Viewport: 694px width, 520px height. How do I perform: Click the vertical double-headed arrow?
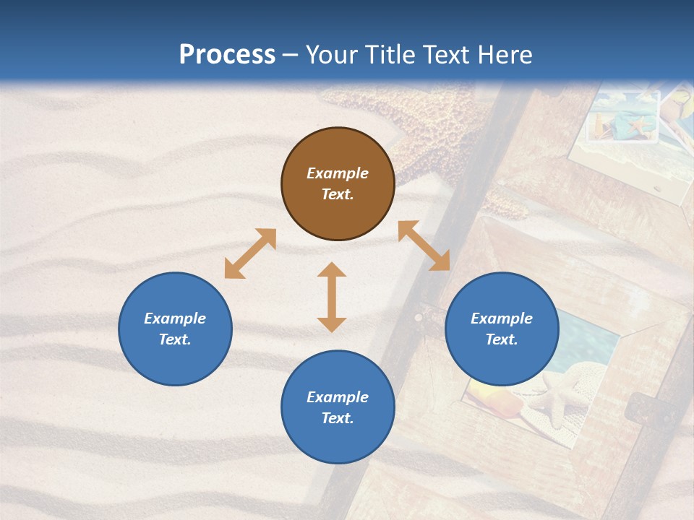[x=332, y=297]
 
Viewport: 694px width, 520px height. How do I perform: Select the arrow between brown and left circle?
[x=250, y=253]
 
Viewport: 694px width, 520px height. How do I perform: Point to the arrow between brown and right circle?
[x=424, y=246]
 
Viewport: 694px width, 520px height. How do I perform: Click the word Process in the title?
[x=227, y=55]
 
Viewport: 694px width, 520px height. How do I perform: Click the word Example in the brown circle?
[x=338, y=173]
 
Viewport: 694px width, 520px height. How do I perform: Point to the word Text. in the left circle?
[x=175, y=339]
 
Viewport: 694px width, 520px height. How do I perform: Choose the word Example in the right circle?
[x=502, y=318]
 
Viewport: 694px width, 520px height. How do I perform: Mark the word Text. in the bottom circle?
[x=338, y=418]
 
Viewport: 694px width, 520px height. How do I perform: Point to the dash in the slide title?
[x=291, y=56]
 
